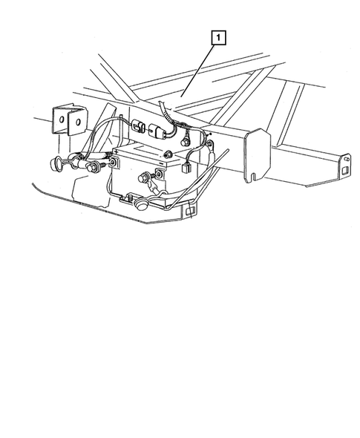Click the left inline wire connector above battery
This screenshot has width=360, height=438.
pyautogui.click(x=139, y=125)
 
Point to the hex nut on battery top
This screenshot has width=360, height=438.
pyautogui.click(x=169, y=154)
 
